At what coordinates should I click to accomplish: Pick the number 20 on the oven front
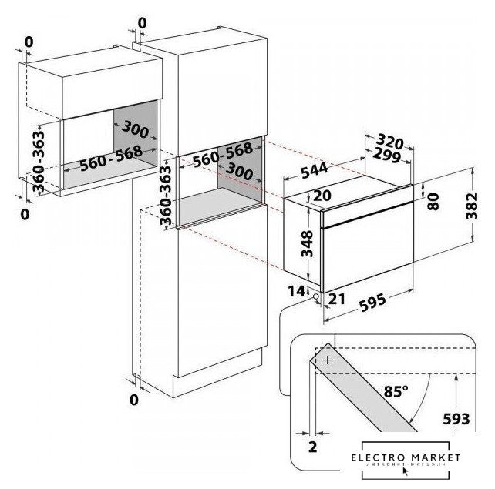322,196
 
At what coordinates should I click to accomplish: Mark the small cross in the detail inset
327,360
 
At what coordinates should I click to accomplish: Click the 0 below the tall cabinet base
135,399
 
